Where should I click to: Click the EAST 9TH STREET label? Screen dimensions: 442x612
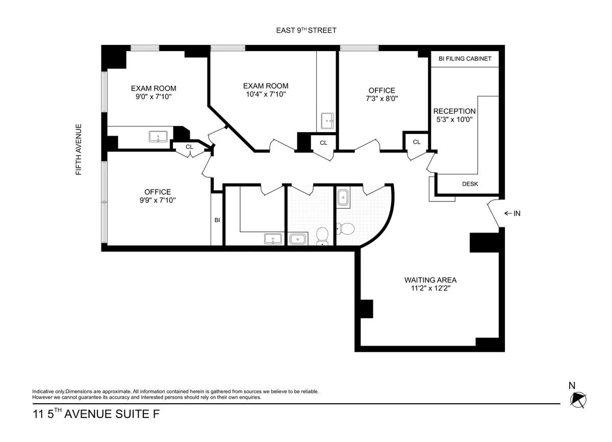(305, 31)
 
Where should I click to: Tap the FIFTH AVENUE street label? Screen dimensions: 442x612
(79, 149)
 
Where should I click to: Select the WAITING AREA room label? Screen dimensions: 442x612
(430, 280)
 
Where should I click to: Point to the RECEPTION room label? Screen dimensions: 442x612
(454, 111)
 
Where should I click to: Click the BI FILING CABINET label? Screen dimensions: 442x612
(465, 59)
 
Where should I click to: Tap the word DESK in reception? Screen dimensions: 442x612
(470, 184)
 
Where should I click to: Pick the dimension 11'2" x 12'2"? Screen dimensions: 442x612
(430, 288)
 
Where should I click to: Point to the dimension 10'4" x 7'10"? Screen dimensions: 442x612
(265, 94)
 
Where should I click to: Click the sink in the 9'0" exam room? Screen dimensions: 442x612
(158, 137)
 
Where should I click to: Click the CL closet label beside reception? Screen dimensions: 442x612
(417, 142)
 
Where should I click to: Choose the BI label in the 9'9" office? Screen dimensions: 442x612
(217, 220)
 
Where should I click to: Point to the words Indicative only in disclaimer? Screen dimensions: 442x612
(48, 392)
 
